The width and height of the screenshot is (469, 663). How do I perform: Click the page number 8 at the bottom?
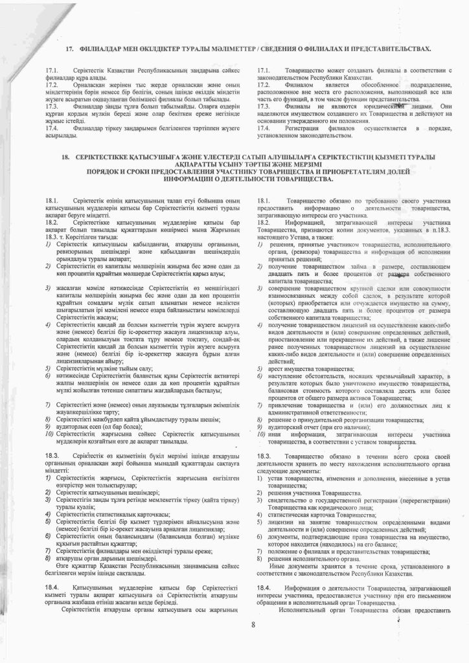click(x=254, y=624)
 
